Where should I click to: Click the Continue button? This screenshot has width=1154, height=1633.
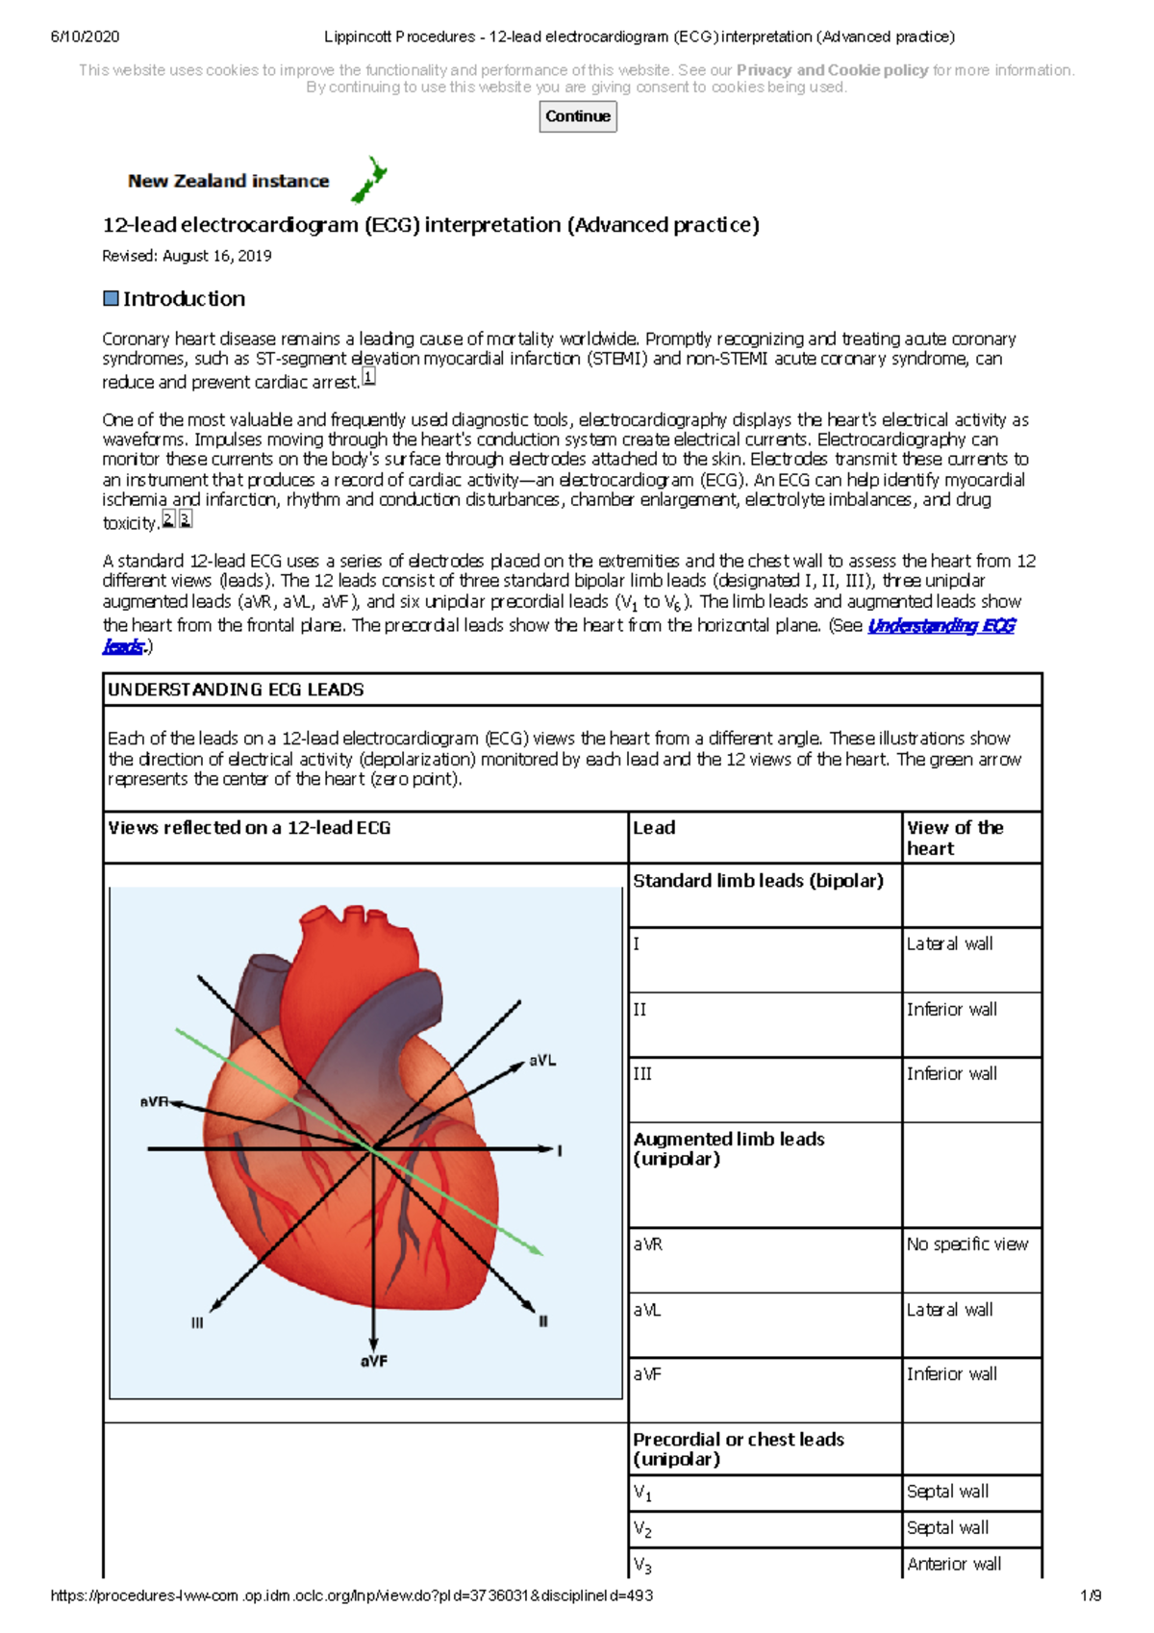point(577,116)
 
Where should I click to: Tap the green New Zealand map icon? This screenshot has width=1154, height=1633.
point(368,180)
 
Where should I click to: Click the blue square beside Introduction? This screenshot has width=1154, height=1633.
point(111,298)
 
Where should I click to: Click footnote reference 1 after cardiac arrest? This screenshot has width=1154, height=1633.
point(368,378)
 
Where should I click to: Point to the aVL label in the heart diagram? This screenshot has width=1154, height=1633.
point(542,1061)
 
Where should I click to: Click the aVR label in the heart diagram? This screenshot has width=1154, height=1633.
point(154,1102)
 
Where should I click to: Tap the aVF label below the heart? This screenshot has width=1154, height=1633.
point(373,1362)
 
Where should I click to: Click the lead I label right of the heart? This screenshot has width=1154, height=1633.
point(560,1150)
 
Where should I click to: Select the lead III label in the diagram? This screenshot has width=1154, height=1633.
point(197,1323)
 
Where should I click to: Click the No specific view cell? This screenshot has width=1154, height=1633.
point(966,1244)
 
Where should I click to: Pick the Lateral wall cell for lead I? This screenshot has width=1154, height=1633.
point(949,944)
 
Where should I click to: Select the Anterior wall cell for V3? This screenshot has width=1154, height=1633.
point(953,1564)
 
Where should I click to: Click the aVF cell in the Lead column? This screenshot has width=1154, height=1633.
point(647,1375)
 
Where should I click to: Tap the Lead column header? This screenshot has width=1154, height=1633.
point(654,828)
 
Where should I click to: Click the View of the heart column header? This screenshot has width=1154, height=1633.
point(954,838)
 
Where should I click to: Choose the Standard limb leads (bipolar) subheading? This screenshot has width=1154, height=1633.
point(758,881)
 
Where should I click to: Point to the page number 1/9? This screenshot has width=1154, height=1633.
point(1091,1595)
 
